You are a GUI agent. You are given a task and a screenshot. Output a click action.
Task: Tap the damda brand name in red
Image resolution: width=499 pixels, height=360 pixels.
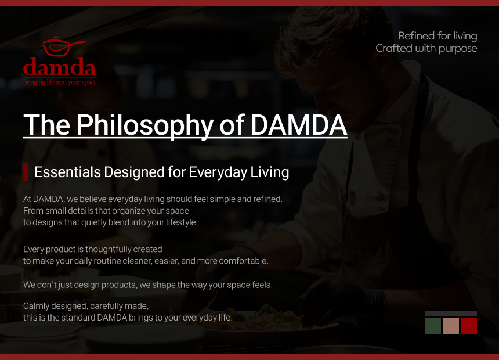point(60,67)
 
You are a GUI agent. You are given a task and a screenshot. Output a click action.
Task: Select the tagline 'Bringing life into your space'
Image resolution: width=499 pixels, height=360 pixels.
point(60,82)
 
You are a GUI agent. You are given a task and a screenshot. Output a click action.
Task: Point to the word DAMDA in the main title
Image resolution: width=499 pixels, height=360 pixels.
point(299,125)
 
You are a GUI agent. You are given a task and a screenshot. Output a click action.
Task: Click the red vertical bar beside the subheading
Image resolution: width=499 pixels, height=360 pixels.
point(26,171)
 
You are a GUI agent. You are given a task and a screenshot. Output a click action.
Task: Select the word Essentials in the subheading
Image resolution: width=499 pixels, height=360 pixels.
point(67,172)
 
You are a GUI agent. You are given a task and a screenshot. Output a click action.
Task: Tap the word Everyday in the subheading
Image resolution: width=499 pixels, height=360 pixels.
point(218,172)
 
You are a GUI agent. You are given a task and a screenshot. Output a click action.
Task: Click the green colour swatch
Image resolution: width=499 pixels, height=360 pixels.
point(433,326)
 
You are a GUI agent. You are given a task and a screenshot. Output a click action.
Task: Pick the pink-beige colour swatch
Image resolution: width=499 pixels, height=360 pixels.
point(451,326)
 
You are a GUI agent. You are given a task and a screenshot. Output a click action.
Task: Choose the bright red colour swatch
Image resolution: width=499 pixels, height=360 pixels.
point(469,326)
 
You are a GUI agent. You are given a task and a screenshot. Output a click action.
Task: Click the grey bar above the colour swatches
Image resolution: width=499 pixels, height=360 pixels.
point(451,313)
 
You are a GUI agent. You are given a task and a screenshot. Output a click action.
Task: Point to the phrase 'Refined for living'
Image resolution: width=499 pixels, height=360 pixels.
point(437,36)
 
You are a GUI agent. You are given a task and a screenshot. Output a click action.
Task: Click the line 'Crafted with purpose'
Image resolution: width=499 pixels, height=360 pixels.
point(426,48)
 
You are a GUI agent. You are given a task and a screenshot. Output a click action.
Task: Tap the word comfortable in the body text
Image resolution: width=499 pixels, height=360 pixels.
point(244,261)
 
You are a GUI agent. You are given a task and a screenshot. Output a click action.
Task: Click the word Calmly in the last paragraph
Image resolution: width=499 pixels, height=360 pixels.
point(36,306)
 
